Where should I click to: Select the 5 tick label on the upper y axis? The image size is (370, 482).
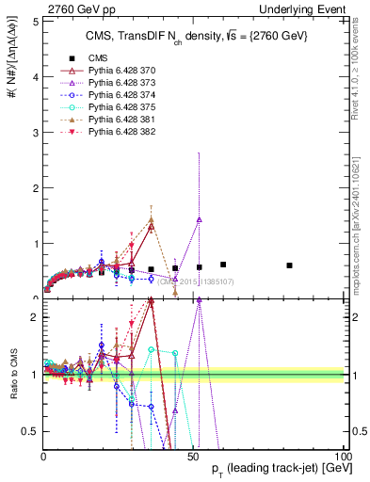point(33,20)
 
